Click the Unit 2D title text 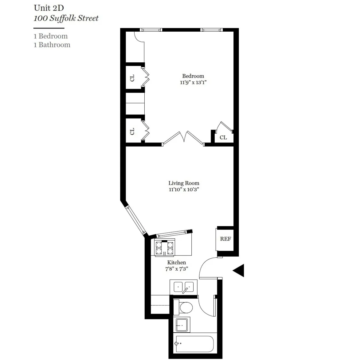[49, 8]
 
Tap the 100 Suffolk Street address [66, 18]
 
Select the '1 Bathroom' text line [52, 45]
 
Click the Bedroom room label [193, 76]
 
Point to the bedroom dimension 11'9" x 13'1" [193, 82]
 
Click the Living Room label [184, 183]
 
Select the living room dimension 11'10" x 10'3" [184, 190]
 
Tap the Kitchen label [176, 262]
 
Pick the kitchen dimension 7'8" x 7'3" [176, 269]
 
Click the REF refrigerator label [225, 239]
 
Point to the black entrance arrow [239, 271]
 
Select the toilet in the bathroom [185, 307]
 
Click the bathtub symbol [194, 344]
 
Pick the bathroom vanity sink [182, 324]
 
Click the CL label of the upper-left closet [132, 78]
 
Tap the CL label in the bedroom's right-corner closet [223, 137]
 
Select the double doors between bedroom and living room [183, 138]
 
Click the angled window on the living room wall [135, 220]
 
